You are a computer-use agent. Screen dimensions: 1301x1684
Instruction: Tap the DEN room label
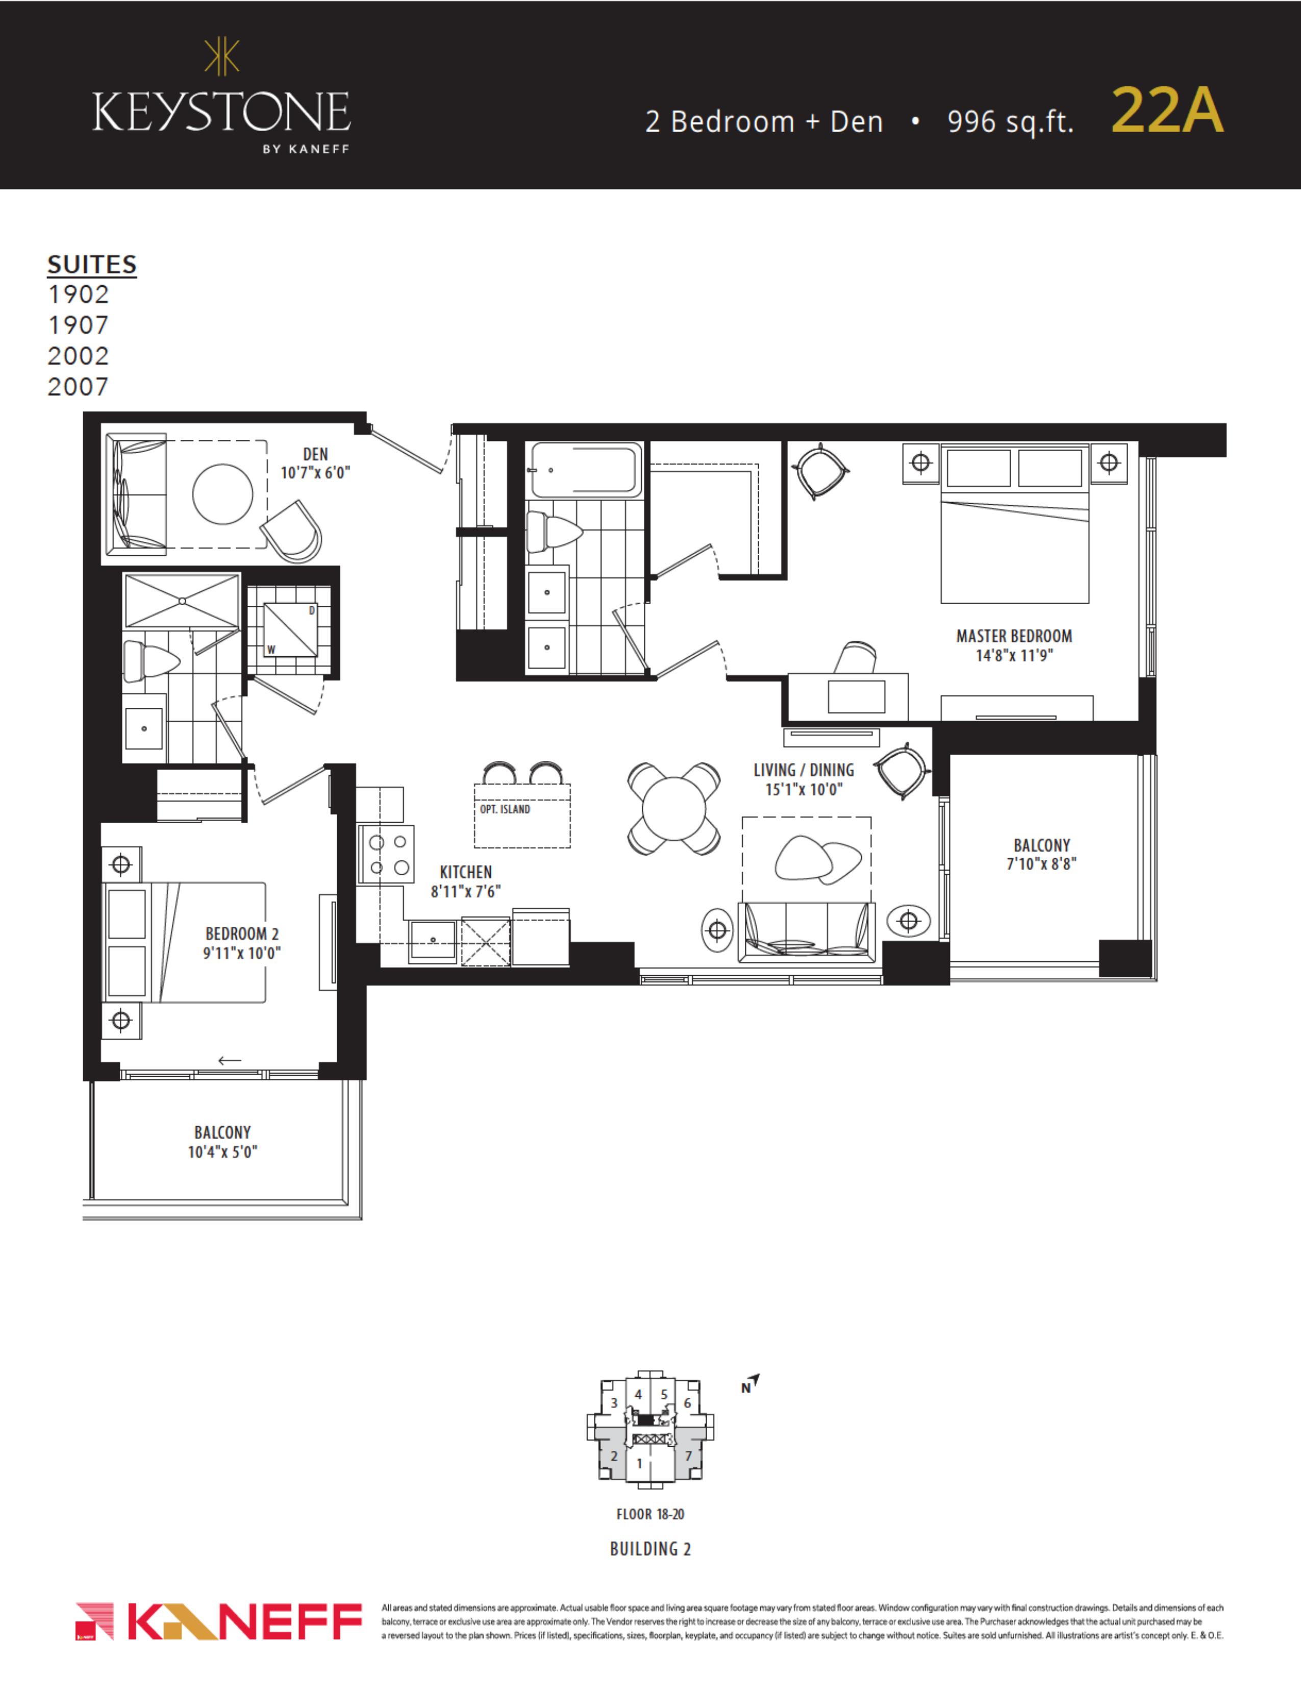click(x=315, y=454)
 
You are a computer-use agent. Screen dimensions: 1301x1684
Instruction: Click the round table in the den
click(x=223, y=494)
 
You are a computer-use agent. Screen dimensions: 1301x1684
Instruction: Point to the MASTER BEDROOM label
click(x=1014, y=636)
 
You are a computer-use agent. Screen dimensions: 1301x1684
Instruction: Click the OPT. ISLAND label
click(x=505, y=809)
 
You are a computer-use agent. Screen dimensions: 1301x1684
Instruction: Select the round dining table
click(x=673, y=808)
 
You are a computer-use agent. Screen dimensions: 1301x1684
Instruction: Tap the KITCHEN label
click(x=465, y=872)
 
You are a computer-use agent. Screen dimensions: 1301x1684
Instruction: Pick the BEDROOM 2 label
click(x=242, y=934)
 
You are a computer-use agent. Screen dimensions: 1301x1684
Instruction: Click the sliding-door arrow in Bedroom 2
click(x=230, y=1060)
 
